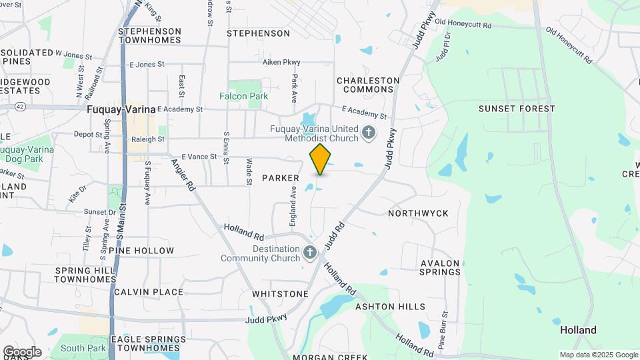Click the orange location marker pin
321,159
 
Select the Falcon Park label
244,96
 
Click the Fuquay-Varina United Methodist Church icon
368,134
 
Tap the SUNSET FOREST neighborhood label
517,109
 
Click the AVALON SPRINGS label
440,267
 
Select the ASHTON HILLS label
390,307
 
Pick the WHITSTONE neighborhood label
280,294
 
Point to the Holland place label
578,330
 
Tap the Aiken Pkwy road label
281,62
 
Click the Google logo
22,352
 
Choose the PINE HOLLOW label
145,251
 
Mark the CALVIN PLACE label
148,292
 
